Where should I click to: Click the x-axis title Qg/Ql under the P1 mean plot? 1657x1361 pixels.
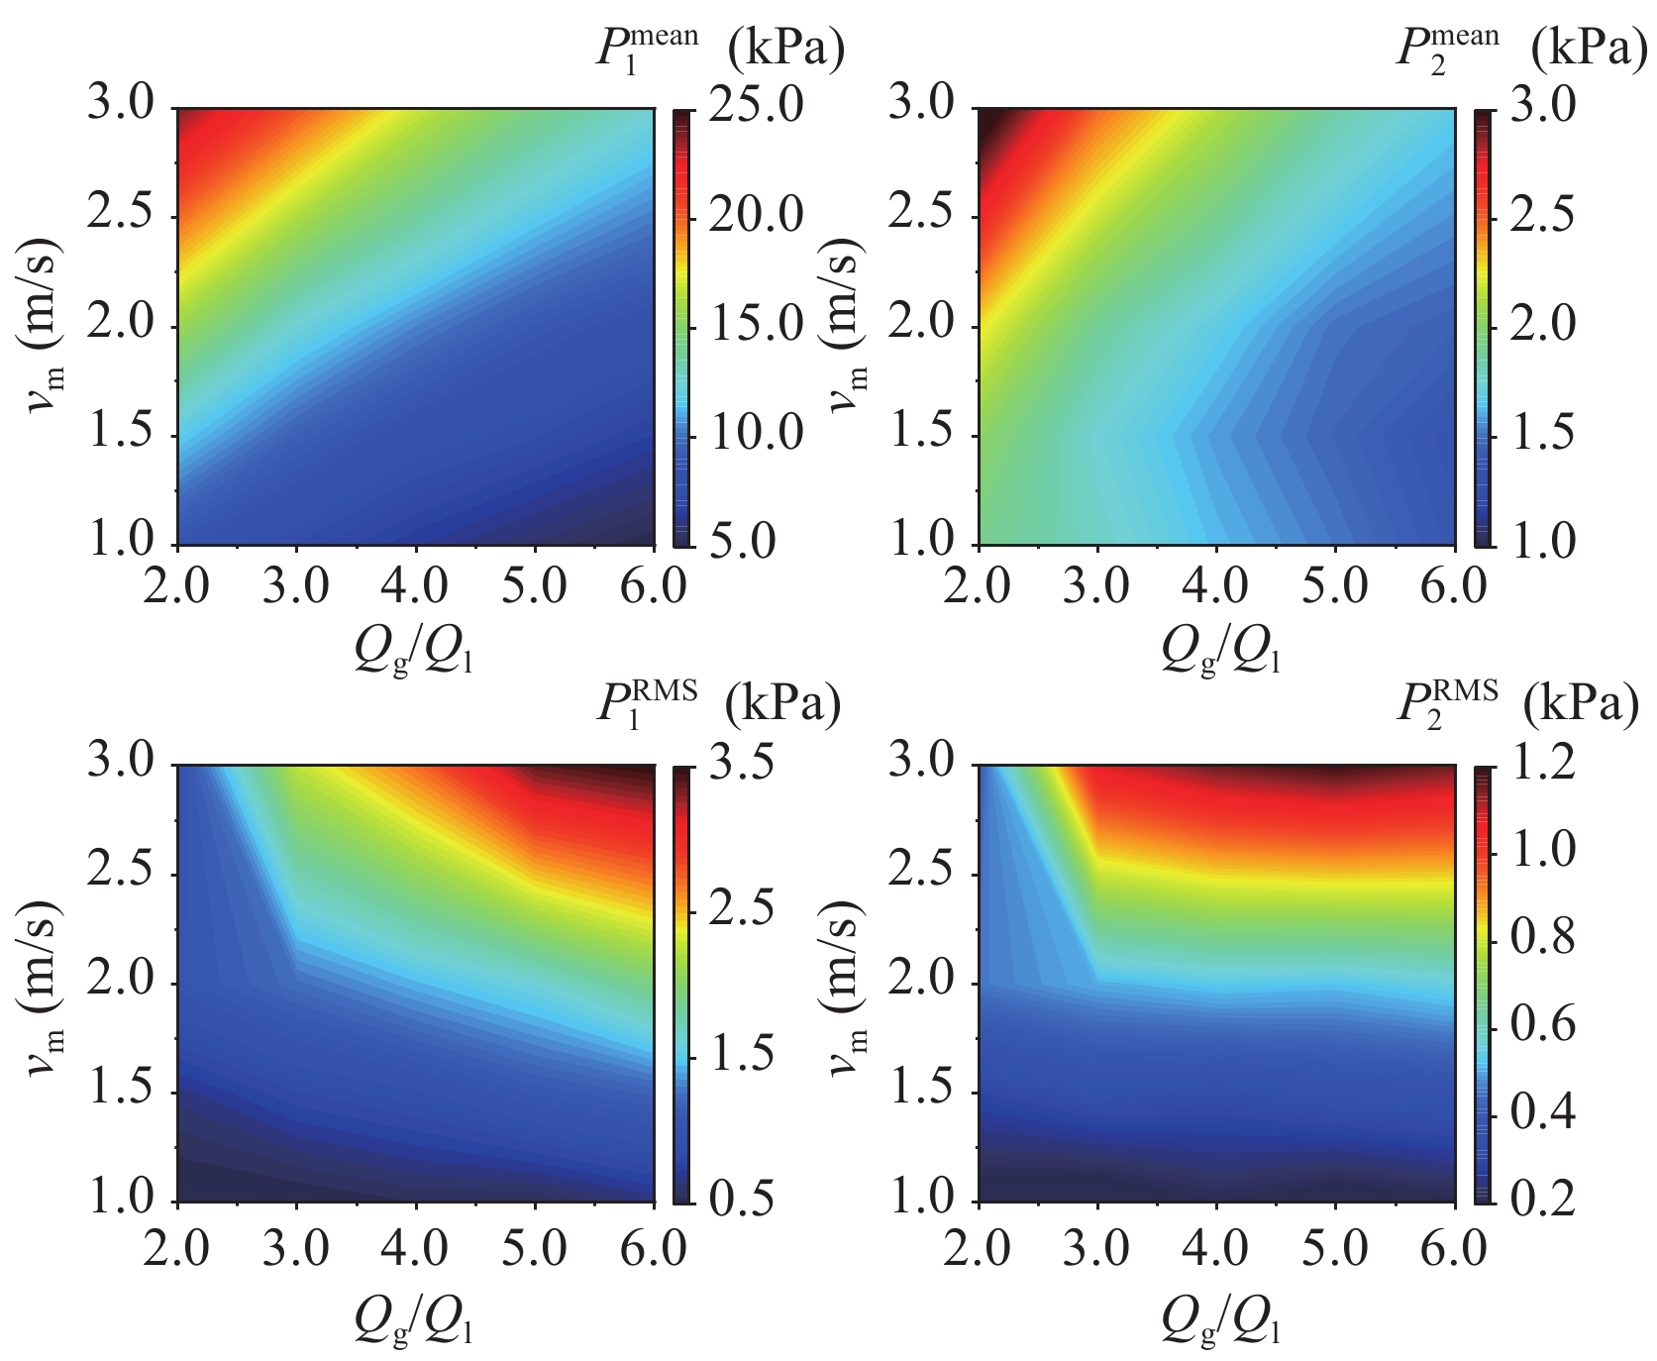tap(414, 651)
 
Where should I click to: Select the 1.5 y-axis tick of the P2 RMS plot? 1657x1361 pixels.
tap(922, 1093)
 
